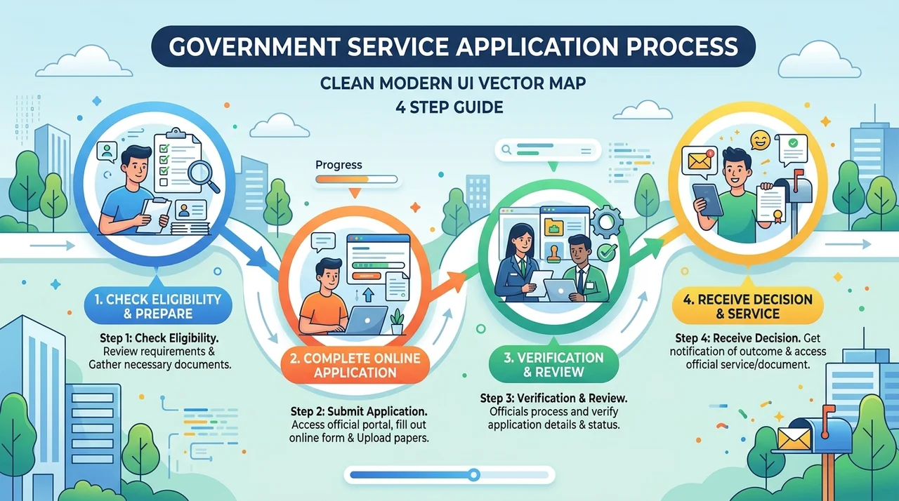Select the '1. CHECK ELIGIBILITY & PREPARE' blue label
point(158,306)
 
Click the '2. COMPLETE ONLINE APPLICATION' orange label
point(355,365)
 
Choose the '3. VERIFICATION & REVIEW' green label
point(553,365)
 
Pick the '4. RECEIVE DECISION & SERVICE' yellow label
point(748,306)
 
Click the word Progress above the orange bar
point(339,165)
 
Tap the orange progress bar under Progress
point(356,179)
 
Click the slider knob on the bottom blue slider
point(474,475)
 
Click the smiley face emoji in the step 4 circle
point(760,140)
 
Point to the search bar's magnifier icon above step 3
point(507,150)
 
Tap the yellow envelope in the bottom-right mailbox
point(794,439)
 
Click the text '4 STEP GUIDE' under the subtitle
point(449,107)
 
